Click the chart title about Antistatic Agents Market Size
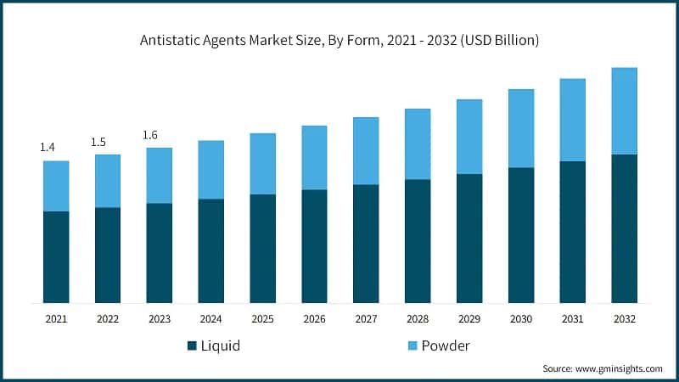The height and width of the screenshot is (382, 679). pyautogui.click(x=339, y=40)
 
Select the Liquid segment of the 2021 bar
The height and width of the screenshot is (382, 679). pyautogui.click(x=56, y=256)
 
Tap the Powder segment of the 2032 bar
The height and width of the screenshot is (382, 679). pyautogui.click(x=624, y=111)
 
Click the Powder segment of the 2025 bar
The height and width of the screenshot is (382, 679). pyautogui.click(x=262, y=164)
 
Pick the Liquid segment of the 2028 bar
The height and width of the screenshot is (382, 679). pyautogui.click(x=418, y=241)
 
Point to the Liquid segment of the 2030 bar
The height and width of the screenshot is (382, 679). pyautogui.click(x=521, y=235)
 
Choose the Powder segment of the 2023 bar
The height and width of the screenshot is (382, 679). pyautogui.click(x=159, y=176)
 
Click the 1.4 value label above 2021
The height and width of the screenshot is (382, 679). pyautogui.click(x=48, y=148)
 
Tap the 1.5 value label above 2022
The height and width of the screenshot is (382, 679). pyautogui.click(x=98, y=142)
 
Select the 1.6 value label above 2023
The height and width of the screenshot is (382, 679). pyautogui.click(x=150, y=135)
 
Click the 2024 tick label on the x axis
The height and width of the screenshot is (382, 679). pyautogui.click(x=210, y=318)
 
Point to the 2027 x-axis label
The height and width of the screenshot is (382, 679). pyautogui.click(x=366, y=318)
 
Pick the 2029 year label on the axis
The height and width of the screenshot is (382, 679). pyautogui.click(x=469, y=318)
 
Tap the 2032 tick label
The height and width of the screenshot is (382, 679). pyautogui.click(x=624, y=318)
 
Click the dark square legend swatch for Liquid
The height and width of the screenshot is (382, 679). pyautogui.click(x=192, y=345)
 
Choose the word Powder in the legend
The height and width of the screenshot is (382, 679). pyautogui.click(x=445, y=345)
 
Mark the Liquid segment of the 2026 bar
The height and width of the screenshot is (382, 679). pyautogui.click(x=314, y=246)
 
